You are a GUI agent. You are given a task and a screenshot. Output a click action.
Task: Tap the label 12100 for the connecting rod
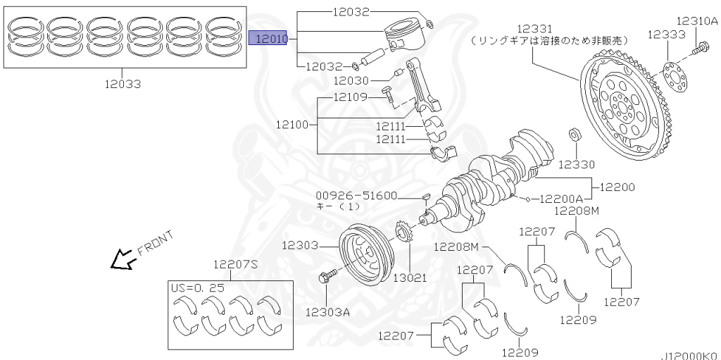click(x=292, y=124)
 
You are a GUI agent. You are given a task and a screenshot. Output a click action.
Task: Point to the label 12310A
click(x=697, y=21)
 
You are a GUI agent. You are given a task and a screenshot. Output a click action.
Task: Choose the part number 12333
click(x=665, y=33)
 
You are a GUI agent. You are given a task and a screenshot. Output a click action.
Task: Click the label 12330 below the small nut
click(x=576, y=165)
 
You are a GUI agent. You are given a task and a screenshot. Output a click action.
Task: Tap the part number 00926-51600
click(x=356, y=196)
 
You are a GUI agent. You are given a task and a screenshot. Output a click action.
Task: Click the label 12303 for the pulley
click(x=300, y=246)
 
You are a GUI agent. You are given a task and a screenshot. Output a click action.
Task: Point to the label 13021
click(x=409, y=278)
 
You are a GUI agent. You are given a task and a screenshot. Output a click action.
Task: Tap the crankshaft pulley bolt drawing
click(x=328, y=278)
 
